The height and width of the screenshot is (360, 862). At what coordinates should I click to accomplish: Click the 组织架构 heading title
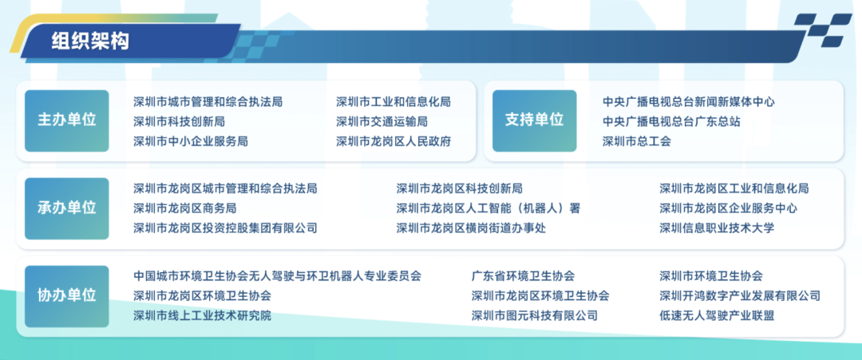click(x=90, y=42)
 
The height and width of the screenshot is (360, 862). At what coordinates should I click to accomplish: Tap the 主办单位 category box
click(x=66, y=121)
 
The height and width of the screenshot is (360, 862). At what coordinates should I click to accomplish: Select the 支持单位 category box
click(x=534, y=121)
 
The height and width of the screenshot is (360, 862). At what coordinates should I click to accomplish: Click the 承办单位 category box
click(x=66, y=208)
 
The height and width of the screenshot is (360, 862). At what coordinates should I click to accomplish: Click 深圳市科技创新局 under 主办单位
click(x=179, y=121)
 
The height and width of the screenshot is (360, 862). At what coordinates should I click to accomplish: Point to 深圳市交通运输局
click(x=382, y=121)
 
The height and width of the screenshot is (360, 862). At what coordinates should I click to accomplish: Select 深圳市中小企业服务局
click(x=191, y=141)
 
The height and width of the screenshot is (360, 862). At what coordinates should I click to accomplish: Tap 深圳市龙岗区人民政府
click(x=393, y=141)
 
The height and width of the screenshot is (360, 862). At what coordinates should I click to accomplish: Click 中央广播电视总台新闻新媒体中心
click(x=688, y=102)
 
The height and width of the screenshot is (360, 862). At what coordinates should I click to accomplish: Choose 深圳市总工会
click(x=637, y=141)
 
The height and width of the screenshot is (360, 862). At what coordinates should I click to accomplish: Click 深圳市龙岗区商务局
click(x=185, y=208)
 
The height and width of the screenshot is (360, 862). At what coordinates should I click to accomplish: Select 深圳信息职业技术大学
click(x=717, y=228)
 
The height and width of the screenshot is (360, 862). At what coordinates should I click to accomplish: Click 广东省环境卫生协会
click(x=523, y=276)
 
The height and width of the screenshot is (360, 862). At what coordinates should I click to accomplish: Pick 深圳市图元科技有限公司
click(x=535, y=315)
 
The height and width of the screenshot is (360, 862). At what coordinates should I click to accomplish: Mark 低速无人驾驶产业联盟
click(x=717, y=315)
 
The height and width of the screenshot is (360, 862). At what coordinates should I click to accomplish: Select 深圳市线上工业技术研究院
click(x=202, y=315)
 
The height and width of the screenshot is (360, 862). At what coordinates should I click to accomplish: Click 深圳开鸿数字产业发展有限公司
click(x=740, y=296)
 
